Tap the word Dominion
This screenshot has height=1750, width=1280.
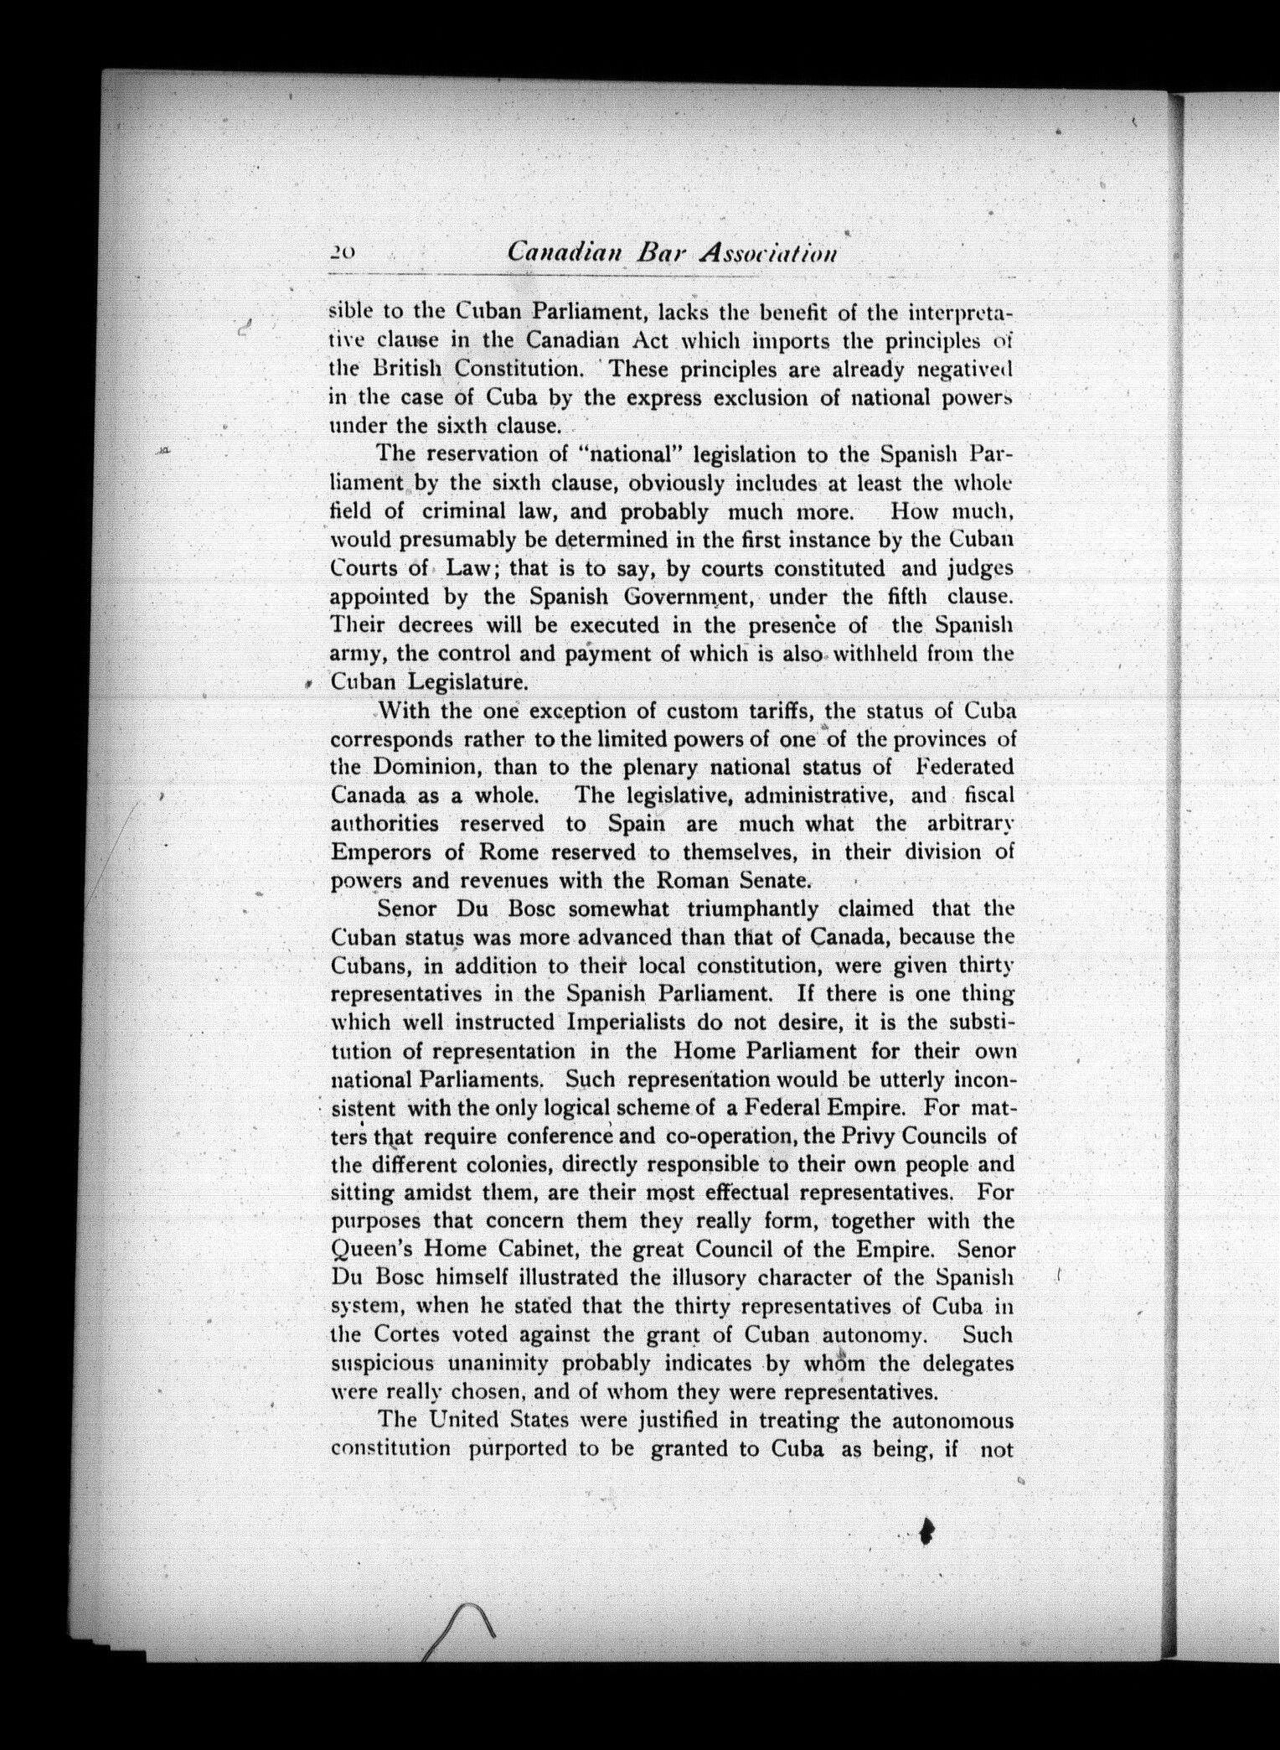click(426, 767)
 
